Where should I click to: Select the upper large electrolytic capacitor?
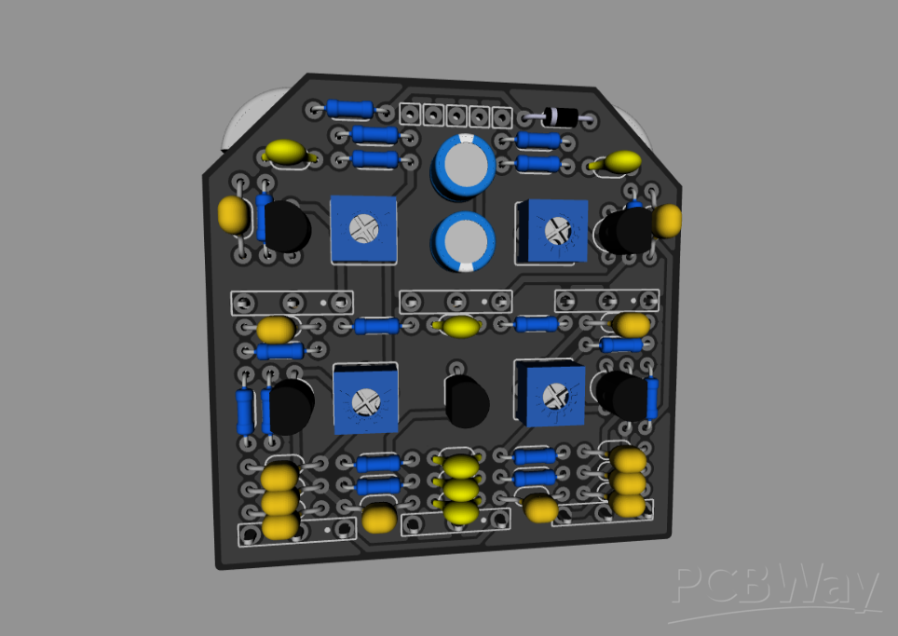click(x=463, y=165)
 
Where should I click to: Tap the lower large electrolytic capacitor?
click(x=463, y=241)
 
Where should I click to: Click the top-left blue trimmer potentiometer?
click(x=363, y=228)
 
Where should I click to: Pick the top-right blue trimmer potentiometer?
click(x=554, y=230)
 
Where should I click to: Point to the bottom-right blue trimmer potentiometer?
click(x=552, y=395)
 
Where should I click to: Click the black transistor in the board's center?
click(x=467, y=401)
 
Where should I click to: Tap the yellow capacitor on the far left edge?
click(x=233, y=215)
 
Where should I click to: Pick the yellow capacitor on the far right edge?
click(x=667, y=221)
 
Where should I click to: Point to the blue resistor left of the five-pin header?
click(x=350, y=109)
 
